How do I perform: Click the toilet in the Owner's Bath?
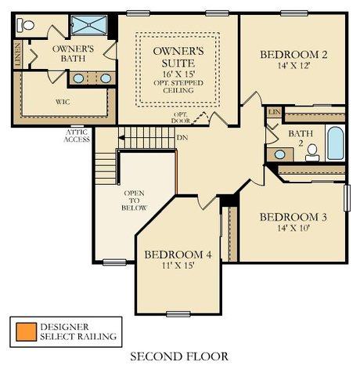tap(26, 25)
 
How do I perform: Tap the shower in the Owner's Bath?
tap(89, 25)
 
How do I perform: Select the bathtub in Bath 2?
tap(335, 143)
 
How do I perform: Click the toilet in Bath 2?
tap(312, 153)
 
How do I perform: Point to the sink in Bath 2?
tap(279, 154)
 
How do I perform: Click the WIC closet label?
tap(63, 102)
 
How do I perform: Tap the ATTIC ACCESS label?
tap(77, 136)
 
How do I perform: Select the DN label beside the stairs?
tap(182, 137)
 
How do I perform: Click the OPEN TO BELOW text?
tap(135, 201)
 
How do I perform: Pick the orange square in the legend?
tap(26, 332)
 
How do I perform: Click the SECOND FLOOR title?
tap(179, 356)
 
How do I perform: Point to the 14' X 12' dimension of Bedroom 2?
tap(293, 65)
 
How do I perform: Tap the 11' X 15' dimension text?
tap(178, 266)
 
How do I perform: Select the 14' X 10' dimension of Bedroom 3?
tap(293, 228)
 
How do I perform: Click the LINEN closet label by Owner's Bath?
tap(18, 54)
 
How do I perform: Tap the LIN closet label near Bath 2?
tap(275, 112)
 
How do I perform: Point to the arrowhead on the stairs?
tap(121, 138)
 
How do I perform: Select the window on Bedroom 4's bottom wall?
tap(178, 313)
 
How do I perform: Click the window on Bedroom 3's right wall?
tap(347, 198)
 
